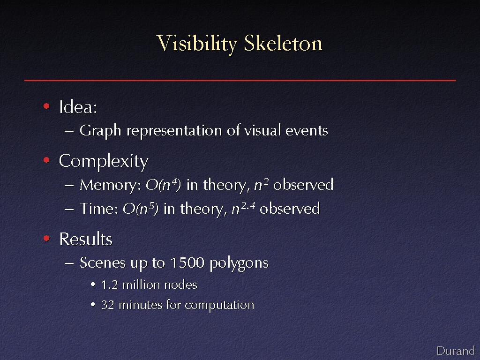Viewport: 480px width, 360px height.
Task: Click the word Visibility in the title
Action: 197,44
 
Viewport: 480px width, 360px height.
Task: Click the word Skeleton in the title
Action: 283,43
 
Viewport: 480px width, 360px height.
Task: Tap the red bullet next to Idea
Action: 46,106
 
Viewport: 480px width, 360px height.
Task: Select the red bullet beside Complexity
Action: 46,160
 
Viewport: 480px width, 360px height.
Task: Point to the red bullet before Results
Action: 46,238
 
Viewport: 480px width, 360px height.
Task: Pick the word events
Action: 307,131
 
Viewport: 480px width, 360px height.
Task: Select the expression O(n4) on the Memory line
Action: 163,185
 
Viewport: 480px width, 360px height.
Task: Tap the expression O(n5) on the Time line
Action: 141,209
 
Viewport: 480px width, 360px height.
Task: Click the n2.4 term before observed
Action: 243,209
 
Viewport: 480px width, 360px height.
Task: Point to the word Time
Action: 99,209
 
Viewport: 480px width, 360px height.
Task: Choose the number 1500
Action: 187,262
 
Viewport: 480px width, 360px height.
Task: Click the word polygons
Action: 239,263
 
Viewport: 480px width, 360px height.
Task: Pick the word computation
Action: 219,306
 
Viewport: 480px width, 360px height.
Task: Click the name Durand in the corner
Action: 456,351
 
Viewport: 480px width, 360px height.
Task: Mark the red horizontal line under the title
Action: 240,80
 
